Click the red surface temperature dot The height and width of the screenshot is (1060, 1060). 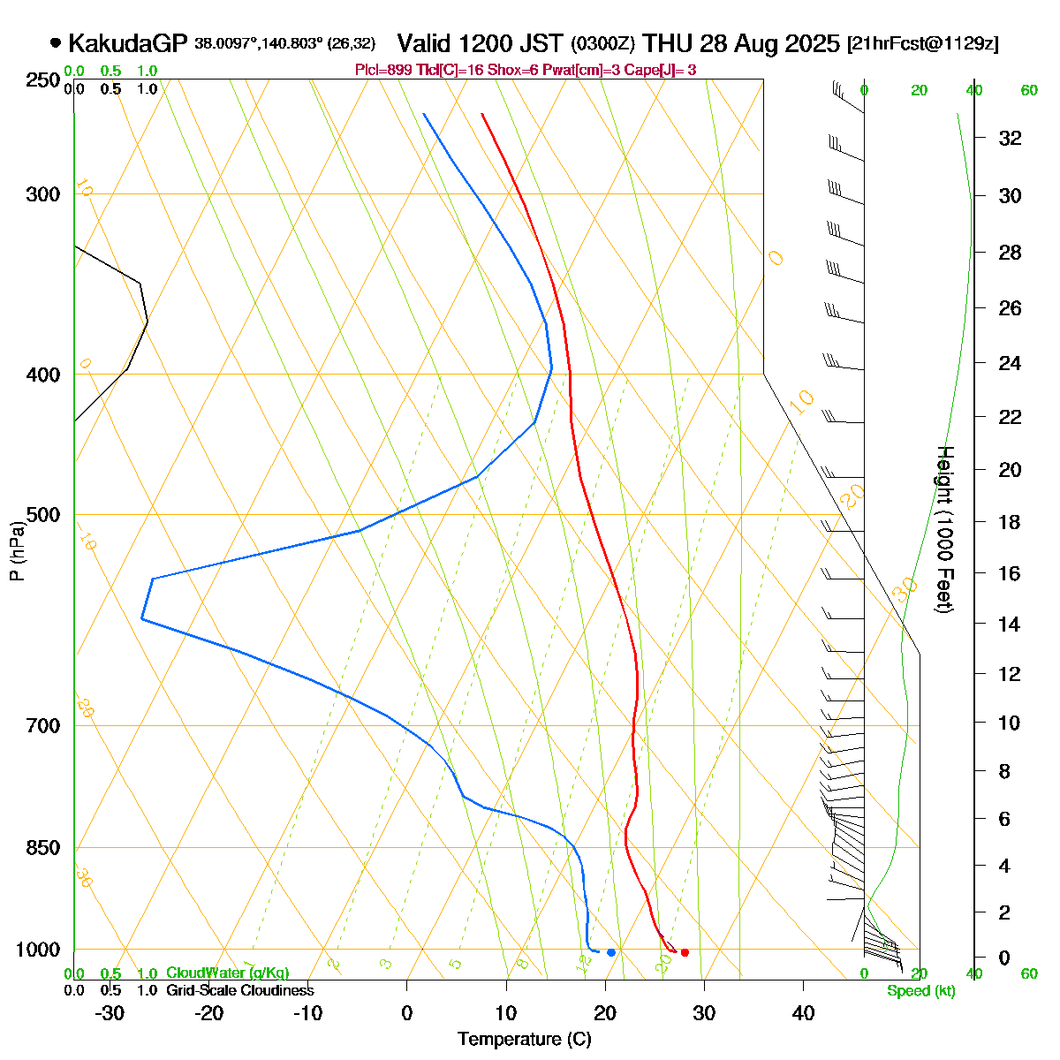tap(685, 952)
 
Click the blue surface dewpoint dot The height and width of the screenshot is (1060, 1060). tap(611, 952)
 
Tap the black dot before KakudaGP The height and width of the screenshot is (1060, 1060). tap(56, 42)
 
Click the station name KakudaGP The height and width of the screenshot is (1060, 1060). tap(127, 42)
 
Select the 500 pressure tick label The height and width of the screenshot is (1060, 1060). tap(43, 514)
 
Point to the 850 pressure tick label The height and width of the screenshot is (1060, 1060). tap(43, 848)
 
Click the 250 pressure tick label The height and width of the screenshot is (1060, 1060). tap(43, 80)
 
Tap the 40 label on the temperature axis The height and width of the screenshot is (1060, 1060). tap(803, 1013)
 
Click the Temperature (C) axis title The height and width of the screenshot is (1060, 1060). tap(524, 1040)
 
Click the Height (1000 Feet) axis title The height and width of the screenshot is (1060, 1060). tap(944, 529)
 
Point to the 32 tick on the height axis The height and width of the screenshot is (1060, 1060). tap(1010, 139)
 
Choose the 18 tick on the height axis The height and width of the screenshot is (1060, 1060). tap(1010, 522)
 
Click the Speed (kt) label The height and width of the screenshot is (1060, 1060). tap(920, 991)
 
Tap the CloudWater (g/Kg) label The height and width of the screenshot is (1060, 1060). tap(227, 973)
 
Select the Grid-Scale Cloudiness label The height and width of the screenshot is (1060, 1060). tap(239, 991)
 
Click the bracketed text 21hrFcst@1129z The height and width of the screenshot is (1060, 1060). tap(922, 43)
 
